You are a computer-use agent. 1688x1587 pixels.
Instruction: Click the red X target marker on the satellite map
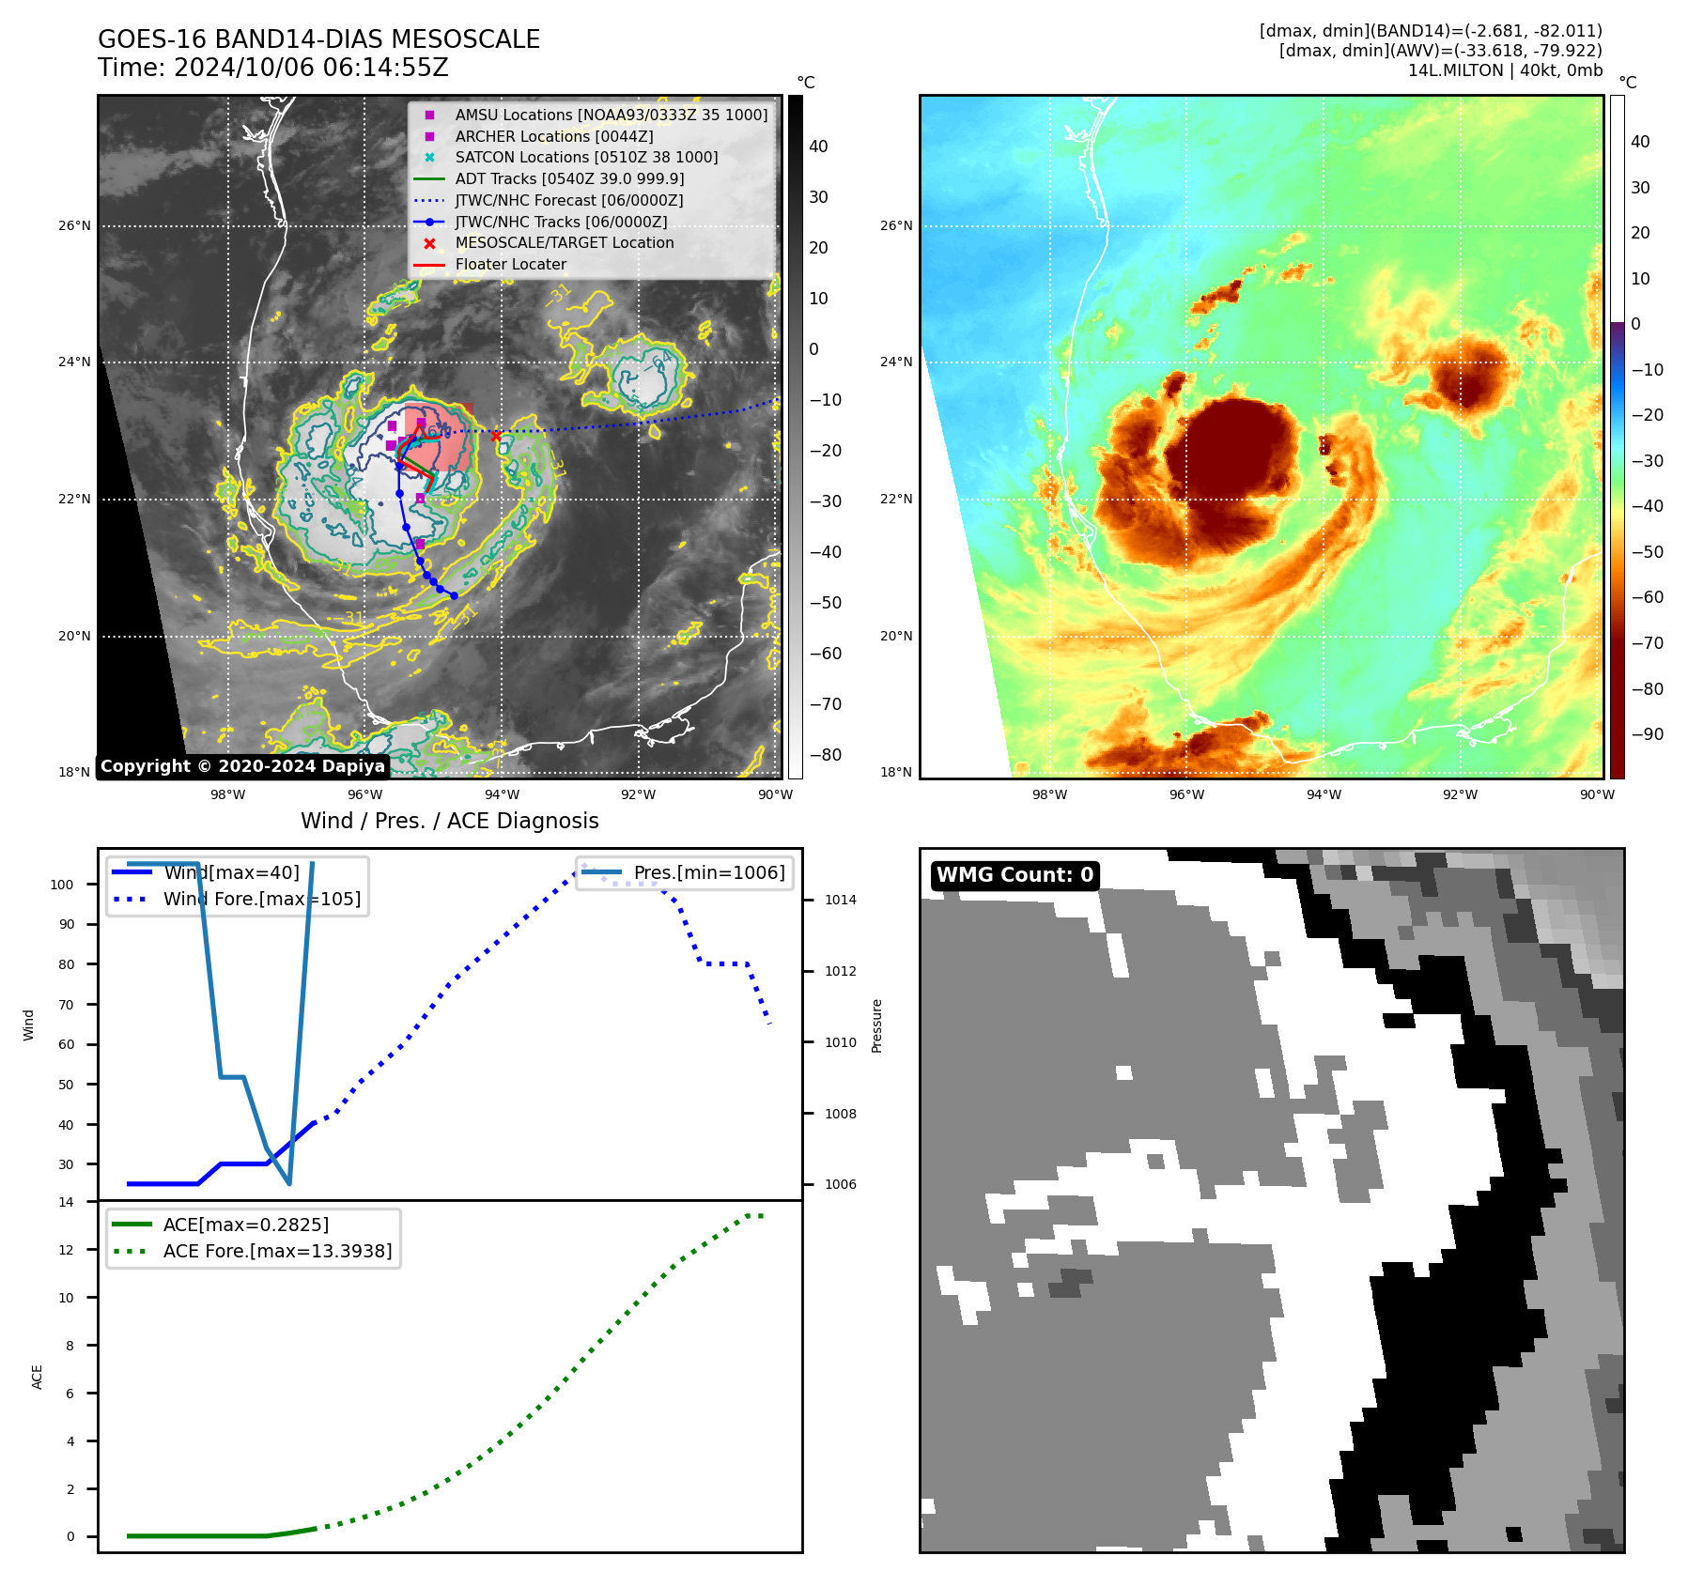pyautogui.click(x=496, y=436)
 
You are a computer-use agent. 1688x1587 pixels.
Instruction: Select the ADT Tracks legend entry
pyautogui.click(x=569, y=178)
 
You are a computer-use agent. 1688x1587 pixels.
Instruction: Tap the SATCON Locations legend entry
pyautogui.click(x=586, y=157)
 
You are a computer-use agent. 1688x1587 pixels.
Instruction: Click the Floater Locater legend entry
pyautogui.click(x=510, y=265)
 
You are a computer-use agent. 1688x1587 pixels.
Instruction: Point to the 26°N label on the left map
pyautogui.click(x=75, y=226)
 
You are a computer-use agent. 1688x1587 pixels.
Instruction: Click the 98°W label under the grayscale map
pyautogui.click(x=227, y=794)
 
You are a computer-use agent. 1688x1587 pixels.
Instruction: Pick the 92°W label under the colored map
pyautogui.click(x=1460, y=794)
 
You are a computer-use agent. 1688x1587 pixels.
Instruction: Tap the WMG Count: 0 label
pyautogui.click(x=1014, y=875)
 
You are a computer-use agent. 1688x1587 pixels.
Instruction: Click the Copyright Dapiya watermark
pyautogui.click(x=242, y=766)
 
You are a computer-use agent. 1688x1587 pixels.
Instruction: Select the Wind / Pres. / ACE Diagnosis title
pyautogui.click(x=449, y=821)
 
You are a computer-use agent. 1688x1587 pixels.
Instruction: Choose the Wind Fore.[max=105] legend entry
pyautogui.click(x=261, y=899)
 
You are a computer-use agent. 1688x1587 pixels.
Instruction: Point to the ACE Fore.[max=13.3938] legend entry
pyautogui.click(x=277, y=1251)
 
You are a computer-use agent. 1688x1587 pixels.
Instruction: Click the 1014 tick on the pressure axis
pyautogui.click(x=841, y=900)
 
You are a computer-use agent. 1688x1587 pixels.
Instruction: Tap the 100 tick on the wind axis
pyautogui.click(x=62, y=885)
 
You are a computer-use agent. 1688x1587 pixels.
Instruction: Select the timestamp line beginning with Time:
pyautogui.click(x=273, y=68)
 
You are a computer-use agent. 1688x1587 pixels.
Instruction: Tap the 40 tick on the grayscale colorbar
pyautogui.click(x=818, y=146)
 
